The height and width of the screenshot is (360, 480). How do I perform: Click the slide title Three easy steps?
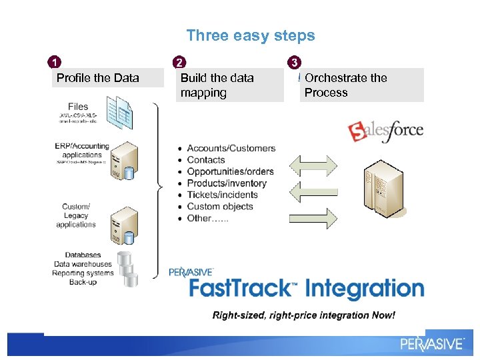[251, 35]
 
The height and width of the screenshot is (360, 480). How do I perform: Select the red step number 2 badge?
[179, 63]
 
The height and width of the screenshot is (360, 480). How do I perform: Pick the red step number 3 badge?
[295, 63]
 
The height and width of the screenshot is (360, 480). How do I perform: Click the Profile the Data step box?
[107, 78]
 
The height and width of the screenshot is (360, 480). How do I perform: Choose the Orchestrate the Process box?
[360, 85]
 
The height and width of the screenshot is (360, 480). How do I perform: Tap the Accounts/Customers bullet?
[231, 148]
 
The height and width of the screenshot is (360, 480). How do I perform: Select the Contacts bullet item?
[206, 160]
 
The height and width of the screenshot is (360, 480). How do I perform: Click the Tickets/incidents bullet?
[222, 195]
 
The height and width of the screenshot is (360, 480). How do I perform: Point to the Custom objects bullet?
[220, 207]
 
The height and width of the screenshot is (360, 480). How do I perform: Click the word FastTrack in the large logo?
[240, 289]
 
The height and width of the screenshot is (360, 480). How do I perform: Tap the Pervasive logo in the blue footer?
[431, 343]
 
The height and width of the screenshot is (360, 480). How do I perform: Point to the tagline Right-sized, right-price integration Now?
[303, 315]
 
